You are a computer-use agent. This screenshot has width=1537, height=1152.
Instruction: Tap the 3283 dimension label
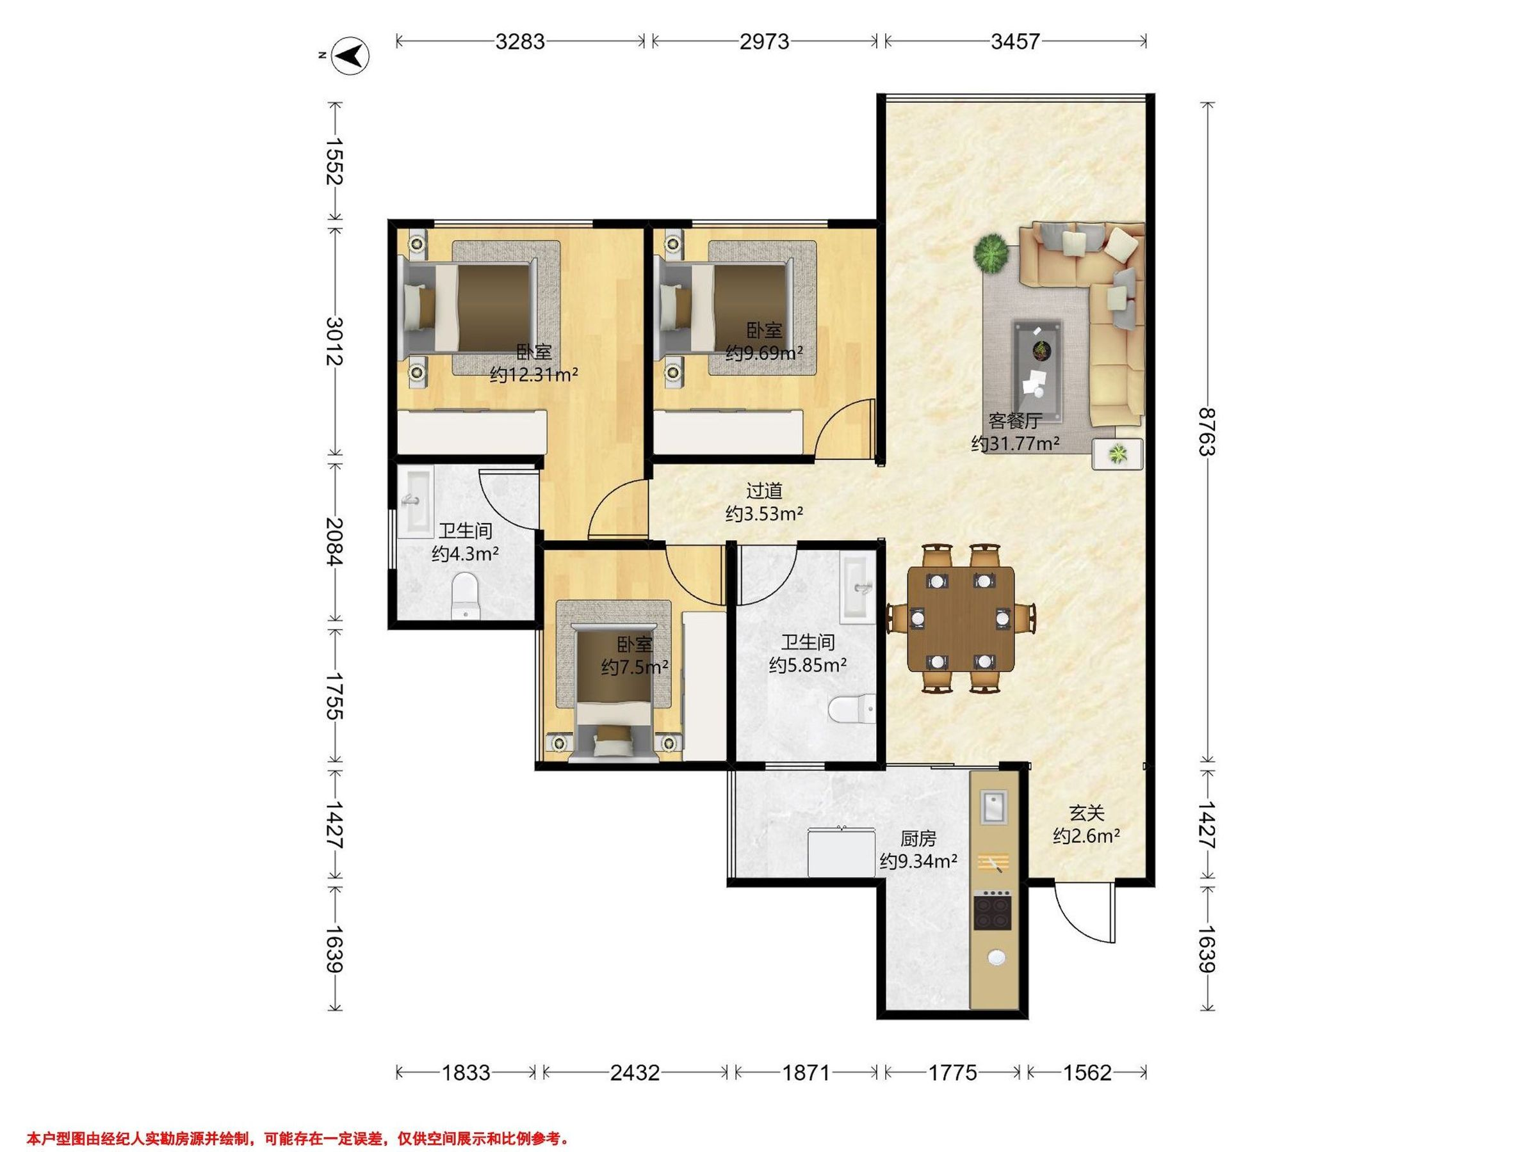pos(520,42)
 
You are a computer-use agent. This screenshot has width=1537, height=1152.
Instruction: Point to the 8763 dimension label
pos(1208,431)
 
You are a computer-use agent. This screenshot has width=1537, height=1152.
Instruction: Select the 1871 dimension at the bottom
pos(806,1073)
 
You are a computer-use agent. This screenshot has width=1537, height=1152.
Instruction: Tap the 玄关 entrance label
pos(1086,812)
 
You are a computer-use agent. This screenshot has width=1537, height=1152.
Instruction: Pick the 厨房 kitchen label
pos(918,839)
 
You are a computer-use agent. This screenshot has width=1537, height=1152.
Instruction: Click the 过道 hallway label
pos(764,491)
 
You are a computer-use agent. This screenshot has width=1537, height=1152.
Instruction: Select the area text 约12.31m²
pos(534,375)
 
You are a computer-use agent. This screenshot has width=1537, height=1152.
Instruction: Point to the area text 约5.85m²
pos(808,665)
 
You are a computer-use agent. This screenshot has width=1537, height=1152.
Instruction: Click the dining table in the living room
pos(961,619)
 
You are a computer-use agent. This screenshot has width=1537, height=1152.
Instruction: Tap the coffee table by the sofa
pos(1038,370)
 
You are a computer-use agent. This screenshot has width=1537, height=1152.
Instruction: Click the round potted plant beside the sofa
pos(990,253)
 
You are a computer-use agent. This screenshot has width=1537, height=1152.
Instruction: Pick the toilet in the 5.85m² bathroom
pos(852,709)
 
